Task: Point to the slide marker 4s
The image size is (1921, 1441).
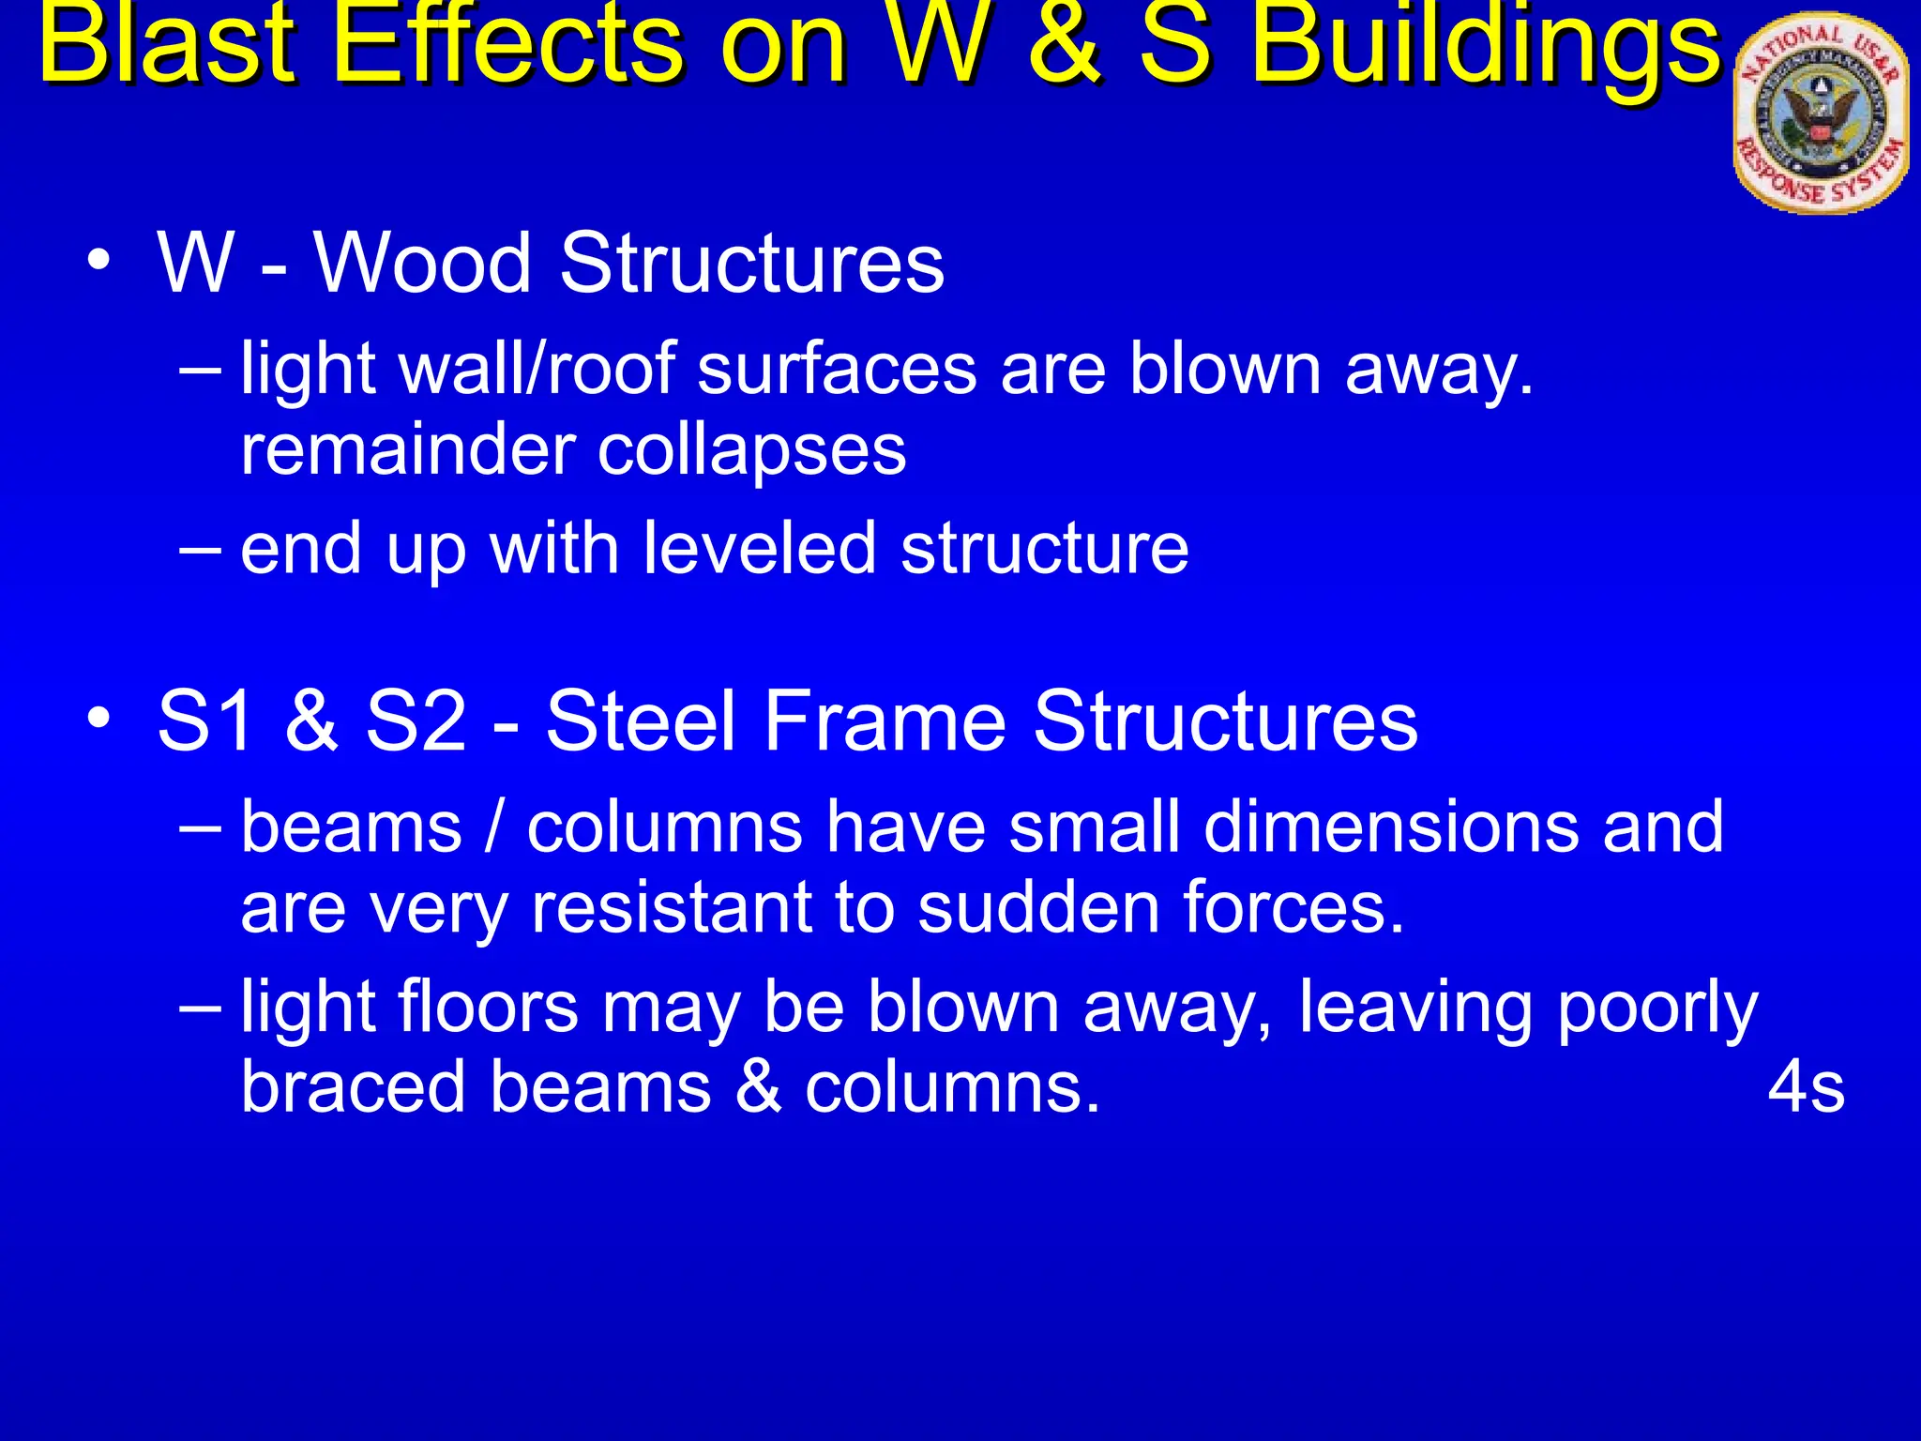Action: point(1806,1088)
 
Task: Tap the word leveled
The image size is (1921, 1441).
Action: point(760,548)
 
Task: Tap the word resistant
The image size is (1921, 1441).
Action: point(713,908)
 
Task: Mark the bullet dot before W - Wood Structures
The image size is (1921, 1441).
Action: point(99,263)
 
